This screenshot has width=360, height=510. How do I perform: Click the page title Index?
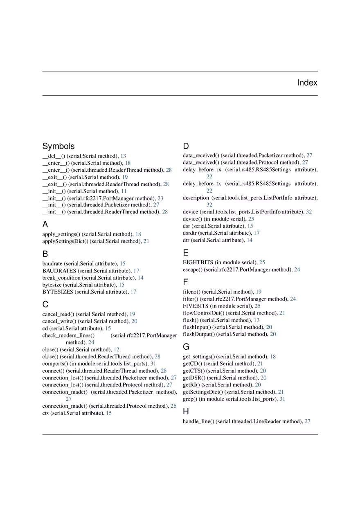tap(307, 83)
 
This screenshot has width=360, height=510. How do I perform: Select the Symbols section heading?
tap(59, 146)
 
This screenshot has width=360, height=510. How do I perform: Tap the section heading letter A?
tap(45, 224)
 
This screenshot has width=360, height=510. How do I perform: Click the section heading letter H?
tap(186, 411)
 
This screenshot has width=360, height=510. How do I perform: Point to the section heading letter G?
tap(186, 347)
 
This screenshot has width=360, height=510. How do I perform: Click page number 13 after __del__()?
tap(123, 156)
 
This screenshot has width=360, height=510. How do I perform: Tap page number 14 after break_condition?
tap(140, 278)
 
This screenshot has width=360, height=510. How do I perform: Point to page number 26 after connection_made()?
tap(173, 406)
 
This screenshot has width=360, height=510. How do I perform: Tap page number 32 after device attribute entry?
tap(309, 212)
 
